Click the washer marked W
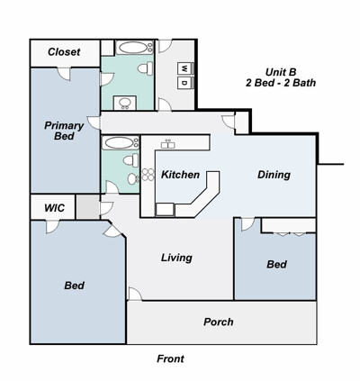click(184, 68)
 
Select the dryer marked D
click(184, 83)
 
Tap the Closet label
click(64, 52)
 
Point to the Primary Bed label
click(64, 131)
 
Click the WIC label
click(54, 208)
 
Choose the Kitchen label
click(180, 175)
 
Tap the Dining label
click(274, 175)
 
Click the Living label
click(176, 258)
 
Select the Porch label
click(219, 322)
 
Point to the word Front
click(170, 358)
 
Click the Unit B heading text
click(281, 72)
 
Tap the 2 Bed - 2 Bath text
click(281, 83)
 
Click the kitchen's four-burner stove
click(148, 175)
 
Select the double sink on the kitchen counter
click(168, 144)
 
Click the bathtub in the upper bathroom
click(135, 48)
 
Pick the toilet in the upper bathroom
click(145, 68)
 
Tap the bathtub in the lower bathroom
click(121, 143)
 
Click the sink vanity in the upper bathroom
click(125, 103)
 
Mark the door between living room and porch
click(134, 294)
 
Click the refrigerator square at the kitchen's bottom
click(165, 210)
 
